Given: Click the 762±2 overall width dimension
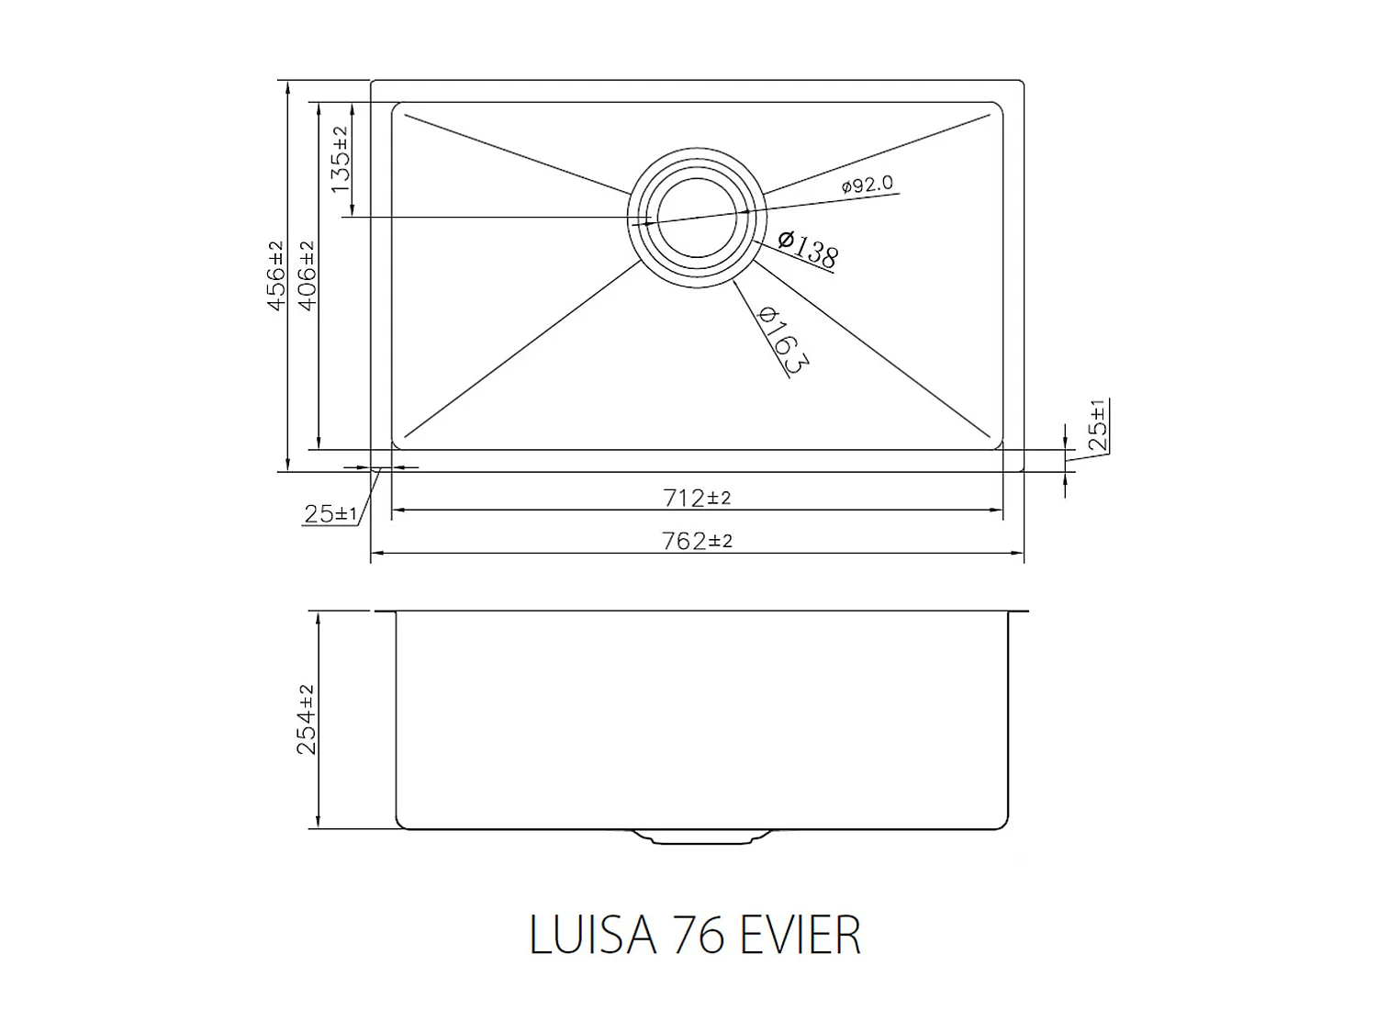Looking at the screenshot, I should tap(697, 541).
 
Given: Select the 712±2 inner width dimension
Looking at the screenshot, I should tap(697, 498).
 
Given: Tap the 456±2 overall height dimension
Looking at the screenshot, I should tap(276, 275).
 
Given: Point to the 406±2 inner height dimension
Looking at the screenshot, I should tap(307, 275).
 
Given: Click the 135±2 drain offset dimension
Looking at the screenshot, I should tap(340, 159).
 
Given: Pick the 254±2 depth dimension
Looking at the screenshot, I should tap(307, 719).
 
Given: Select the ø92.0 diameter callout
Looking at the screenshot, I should tap(867, 185).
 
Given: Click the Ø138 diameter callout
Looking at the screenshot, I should tap(807, 249).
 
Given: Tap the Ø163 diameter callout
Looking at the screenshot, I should tap(782, 340).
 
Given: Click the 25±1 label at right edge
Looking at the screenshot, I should tap(1098, 424).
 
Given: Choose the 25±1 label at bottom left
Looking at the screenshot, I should tap(330, 514).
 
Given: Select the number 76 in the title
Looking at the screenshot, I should tap(700, 935).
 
